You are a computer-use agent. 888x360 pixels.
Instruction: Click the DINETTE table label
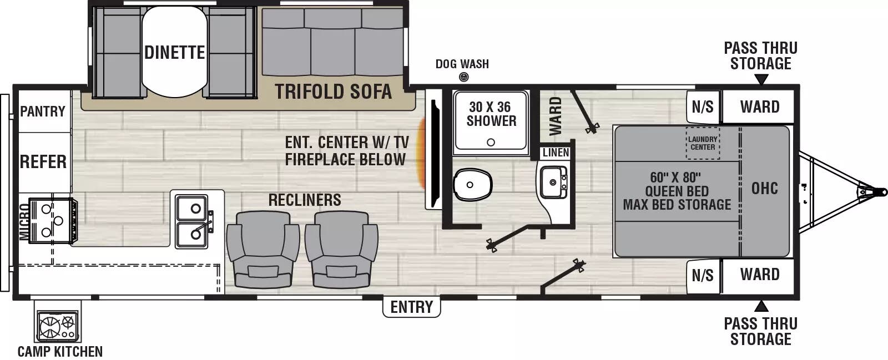pos(174,53)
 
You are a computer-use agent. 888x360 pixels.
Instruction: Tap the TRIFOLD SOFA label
pos(334,92)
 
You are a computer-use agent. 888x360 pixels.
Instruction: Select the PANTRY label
pos(42,111)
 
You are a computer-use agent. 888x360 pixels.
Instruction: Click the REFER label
pos(43,161)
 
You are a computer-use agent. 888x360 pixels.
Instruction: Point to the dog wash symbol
pos(463,77)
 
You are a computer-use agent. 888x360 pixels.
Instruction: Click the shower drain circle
pos(491,142)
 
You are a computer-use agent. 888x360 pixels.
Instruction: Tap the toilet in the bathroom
pos(472,185)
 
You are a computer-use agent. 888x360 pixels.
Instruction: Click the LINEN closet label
pos(556,153)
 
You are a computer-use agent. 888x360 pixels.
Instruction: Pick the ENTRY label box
pos(411,307)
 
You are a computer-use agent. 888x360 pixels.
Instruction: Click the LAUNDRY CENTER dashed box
pos(703,143)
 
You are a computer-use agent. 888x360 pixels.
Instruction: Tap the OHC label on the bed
pos(765,189)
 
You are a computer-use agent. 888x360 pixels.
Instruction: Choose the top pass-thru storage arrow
pos(761,80)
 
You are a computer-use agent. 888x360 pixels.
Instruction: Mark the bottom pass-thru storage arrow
pos(761,306)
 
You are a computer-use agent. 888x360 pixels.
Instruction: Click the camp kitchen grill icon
pos(58,326)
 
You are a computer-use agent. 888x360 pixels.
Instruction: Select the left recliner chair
pos(263,250)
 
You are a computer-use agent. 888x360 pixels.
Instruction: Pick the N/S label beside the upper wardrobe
pos(703,107)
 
